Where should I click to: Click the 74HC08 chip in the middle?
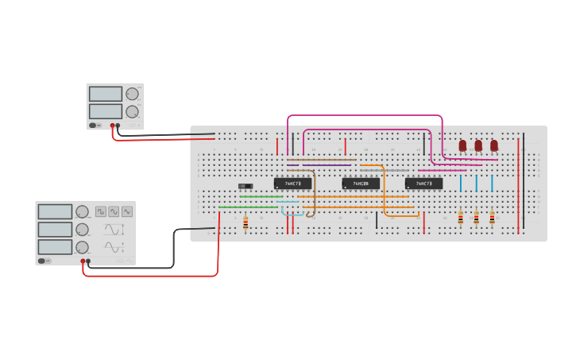point(360,184)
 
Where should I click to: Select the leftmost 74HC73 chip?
point(292,184)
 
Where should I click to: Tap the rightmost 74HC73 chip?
point(423,184)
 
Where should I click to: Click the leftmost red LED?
point(462,145)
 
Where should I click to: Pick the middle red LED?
point(478,145)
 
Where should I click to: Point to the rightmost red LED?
point(494,145)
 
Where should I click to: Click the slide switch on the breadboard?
point(245,186)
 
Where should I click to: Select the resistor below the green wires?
point(245,223)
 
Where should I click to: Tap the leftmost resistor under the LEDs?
point(461,218)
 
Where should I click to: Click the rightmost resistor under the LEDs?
point(492,218)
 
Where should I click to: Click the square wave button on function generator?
point(101,211)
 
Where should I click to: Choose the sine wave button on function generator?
point(114,211)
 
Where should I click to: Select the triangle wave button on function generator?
point(127,211)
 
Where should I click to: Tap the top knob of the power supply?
point(132,94)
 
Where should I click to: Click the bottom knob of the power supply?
point(132,111)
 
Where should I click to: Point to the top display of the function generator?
point(55,211)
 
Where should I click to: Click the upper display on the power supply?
point(105,94)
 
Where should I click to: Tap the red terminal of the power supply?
point(112,126)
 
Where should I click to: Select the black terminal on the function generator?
point(88,261)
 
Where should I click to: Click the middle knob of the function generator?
point(82,229)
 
